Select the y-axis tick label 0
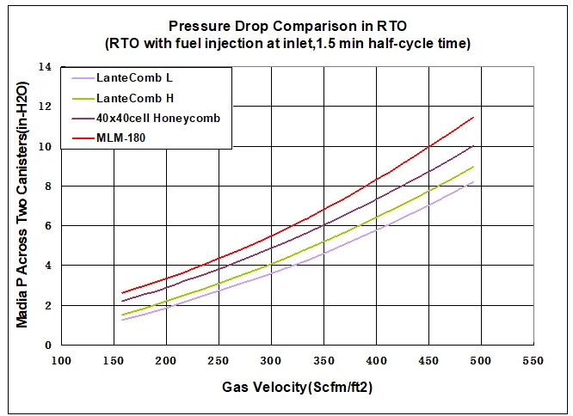pos(49,346)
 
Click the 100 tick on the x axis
pos(60,360)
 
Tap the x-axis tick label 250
pos(219,360)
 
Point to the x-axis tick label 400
pos(376,360)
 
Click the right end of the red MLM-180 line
pos(474,118)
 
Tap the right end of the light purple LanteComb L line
pos(474,181)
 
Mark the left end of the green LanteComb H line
pos(123,315)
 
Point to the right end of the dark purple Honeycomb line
pos(474,146)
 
